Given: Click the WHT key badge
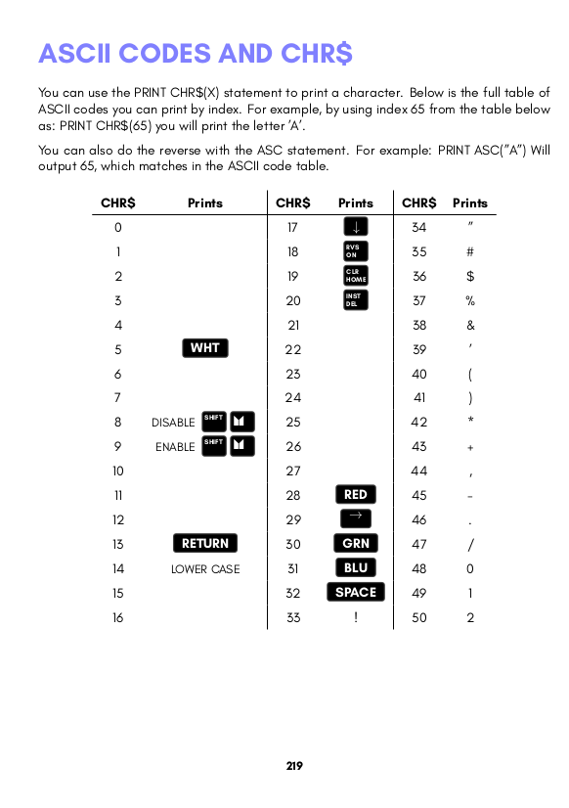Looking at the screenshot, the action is coord(205,348).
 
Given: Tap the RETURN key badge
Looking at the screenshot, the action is coord(205,544).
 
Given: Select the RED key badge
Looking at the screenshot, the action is coord(356,495).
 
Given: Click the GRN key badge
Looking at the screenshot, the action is coord(356,544).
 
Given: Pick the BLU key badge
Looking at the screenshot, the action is coord(356,568).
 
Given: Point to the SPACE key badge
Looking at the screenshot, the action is coord(356,593).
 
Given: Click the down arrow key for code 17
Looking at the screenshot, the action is coord(356,228).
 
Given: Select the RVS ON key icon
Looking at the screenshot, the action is coord(356,251).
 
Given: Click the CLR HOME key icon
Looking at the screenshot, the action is coord(356,276).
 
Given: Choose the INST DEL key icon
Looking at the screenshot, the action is coord(356,300).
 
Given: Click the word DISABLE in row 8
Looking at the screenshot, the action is coord(173,423).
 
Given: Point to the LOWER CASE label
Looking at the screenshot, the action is coord(205,569).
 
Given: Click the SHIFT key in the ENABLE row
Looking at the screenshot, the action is coord(214,446).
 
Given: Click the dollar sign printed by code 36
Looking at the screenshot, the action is coord(470,276).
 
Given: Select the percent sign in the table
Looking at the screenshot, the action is coord(470,300).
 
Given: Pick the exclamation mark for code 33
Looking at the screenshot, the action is coord(356,617).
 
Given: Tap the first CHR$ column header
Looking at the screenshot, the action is coord(118,203).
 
